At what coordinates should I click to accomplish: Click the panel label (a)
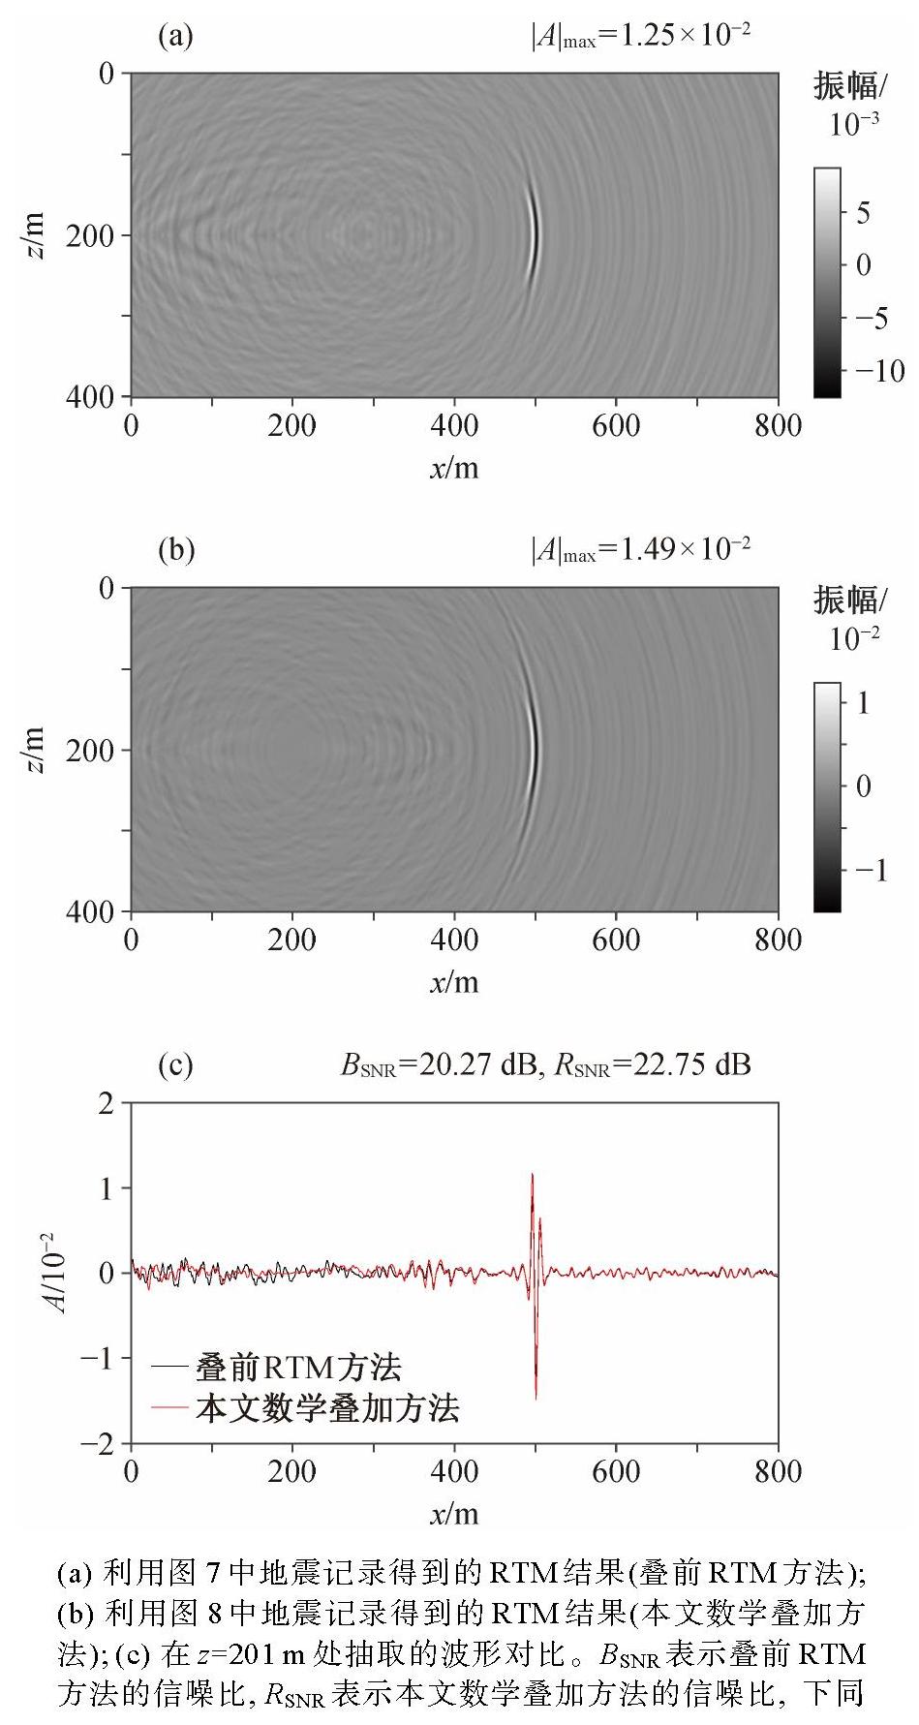point(175,37)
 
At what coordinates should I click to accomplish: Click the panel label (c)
point(175,1065)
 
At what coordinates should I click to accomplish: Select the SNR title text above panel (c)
point(545,1065)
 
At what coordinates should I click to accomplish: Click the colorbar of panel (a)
point(827,283)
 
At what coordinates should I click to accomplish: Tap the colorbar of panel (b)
point(827,797)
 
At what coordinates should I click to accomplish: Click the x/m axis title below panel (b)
point(455,982)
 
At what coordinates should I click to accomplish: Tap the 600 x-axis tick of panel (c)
point(616,1473)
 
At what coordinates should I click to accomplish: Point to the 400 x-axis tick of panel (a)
point(454,426)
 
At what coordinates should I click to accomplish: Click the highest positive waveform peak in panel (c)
point(532,1175)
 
